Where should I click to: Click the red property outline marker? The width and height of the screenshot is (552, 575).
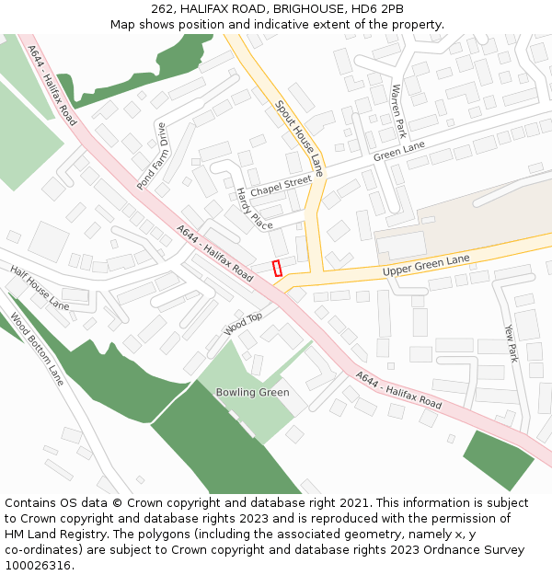point(278,268)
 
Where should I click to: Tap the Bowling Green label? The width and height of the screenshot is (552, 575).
point(252,393)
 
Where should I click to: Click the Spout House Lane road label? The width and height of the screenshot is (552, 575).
point(299,138)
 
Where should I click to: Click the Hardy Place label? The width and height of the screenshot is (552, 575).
point(254,209)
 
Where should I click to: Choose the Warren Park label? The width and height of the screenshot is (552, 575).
point(398,109)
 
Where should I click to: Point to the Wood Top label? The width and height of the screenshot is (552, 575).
point(243,323)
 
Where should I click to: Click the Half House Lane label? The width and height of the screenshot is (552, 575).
point(40,287)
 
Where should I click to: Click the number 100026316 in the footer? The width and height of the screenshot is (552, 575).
point(37,566)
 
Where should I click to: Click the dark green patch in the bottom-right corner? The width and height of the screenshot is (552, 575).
point(498,458)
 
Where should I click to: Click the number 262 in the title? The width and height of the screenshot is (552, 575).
point(163,9)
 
